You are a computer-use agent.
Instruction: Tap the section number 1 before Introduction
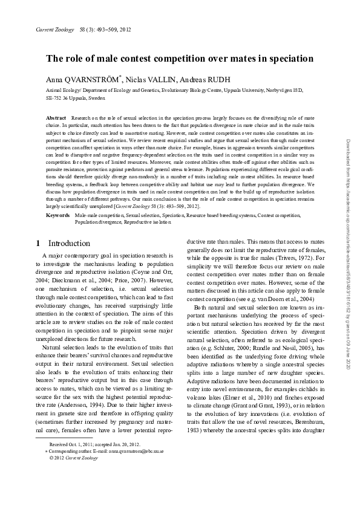[38, 243]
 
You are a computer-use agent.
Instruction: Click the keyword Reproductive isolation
[148, 222]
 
